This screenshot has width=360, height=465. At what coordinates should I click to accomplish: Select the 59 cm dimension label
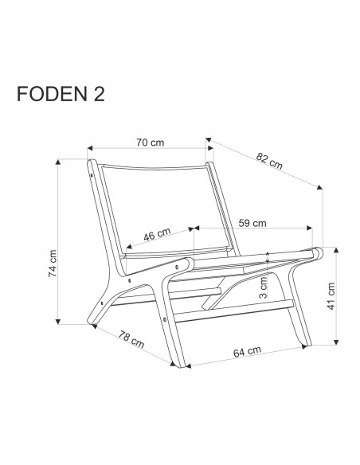pyautogui.click(x=253, y=223)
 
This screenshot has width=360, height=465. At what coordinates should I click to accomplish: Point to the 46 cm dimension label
pyautogui.click(x=157, y=235)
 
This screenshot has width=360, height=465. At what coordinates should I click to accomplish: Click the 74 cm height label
pyautogui.click(x=53, y=263)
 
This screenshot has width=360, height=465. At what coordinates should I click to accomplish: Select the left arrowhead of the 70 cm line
pyautogui.click(x=90, y=148)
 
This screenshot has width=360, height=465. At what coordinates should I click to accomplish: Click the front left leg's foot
pyautogui.click(x=177, y=362)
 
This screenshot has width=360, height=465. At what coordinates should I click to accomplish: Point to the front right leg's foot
pyautogui.click(x=303, y=344)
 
